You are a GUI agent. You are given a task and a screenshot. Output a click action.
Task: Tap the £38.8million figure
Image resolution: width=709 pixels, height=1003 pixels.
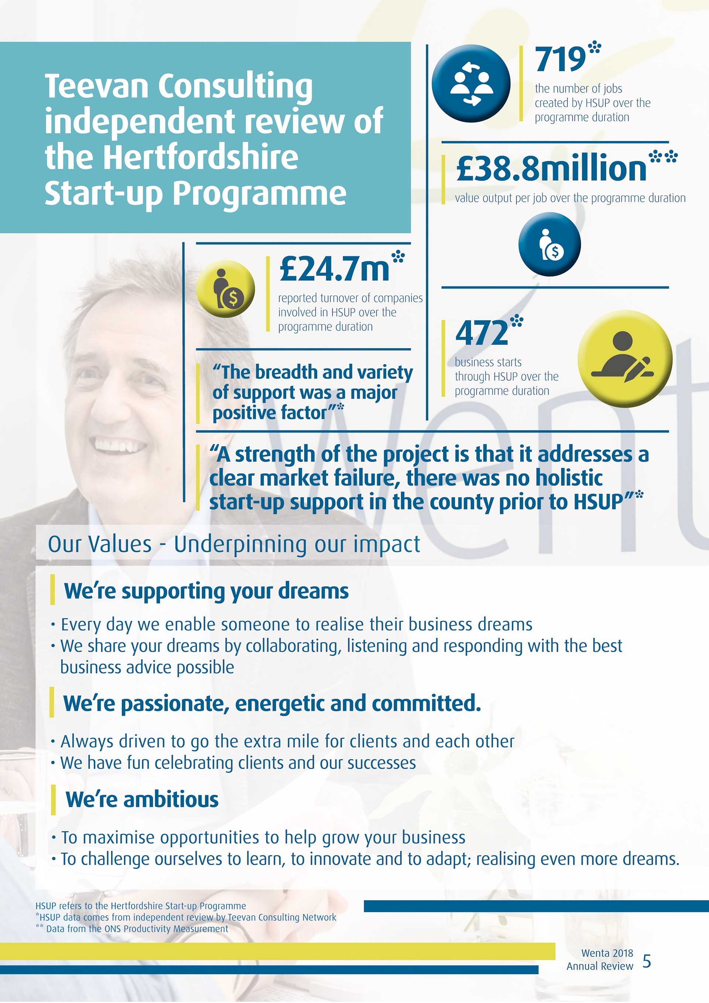point(551,169)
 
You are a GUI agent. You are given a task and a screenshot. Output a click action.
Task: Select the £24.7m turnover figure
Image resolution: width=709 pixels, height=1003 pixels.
point(334,269)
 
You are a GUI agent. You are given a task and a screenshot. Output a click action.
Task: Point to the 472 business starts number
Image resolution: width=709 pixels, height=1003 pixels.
point(482,333)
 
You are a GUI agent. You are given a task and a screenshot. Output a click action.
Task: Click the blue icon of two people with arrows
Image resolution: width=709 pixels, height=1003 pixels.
point(471,83)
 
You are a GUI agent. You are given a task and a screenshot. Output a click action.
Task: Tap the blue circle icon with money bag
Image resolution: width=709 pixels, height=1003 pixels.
point(549,244)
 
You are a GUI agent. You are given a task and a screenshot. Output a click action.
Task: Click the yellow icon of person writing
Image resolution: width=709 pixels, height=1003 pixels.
point(624,359)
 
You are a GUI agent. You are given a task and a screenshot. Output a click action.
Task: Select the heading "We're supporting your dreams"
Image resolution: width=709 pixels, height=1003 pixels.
point(206,591)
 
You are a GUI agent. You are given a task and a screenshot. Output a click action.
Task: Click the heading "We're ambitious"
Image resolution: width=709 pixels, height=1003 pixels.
point(142,800)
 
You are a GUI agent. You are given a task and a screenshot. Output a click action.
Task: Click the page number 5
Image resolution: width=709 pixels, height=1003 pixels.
point(647,961)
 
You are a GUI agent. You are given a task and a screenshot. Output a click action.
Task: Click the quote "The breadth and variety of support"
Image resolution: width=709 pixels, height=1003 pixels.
point(312,392)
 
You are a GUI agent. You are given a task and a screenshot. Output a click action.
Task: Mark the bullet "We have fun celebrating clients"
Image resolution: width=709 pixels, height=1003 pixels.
point(238,763)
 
